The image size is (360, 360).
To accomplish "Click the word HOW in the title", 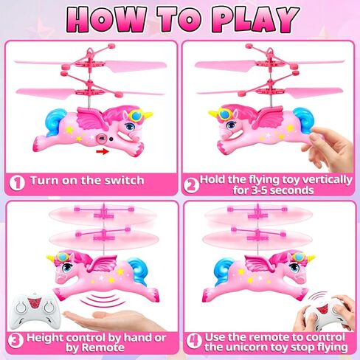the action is point(106,20).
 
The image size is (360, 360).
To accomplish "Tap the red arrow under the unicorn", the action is point(103,151).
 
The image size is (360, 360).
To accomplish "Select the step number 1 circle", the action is point(17,183).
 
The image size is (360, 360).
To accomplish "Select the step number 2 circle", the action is point(191,185).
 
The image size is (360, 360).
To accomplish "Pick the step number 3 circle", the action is point(15,340).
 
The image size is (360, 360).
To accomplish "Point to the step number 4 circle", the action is point(194,341).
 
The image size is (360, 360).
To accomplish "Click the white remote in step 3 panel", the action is point(35,311).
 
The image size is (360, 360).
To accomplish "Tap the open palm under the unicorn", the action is point(111,319).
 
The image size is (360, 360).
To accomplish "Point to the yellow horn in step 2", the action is point(213,114).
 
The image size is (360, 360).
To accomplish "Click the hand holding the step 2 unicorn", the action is point(330,148).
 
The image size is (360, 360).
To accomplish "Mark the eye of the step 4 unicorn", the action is point(294,267).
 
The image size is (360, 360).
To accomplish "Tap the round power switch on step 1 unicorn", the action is point(101,139).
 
